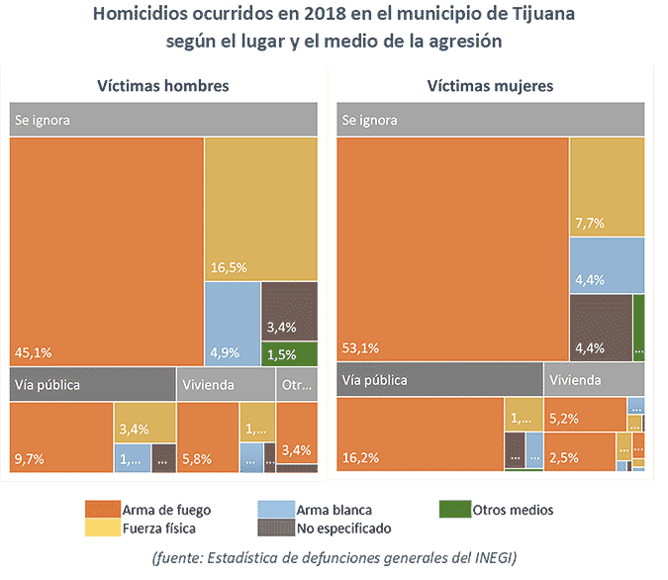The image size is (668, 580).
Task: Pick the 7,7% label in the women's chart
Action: coord(590,224)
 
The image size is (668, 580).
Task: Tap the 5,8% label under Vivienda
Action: coord(196,458)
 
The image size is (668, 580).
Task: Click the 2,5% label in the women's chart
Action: coord(564,458)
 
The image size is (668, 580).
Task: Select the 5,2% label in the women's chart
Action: coord(564,419)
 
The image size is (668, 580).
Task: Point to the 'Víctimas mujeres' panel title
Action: coord(490,86)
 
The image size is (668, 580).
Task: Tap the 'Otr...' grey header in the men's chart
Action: coord(296,385)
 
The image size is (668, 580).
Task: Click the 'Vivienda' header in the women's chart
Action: coord(575,380)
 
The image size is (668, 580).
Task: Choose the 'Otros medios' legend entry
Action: coord(511,510)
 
